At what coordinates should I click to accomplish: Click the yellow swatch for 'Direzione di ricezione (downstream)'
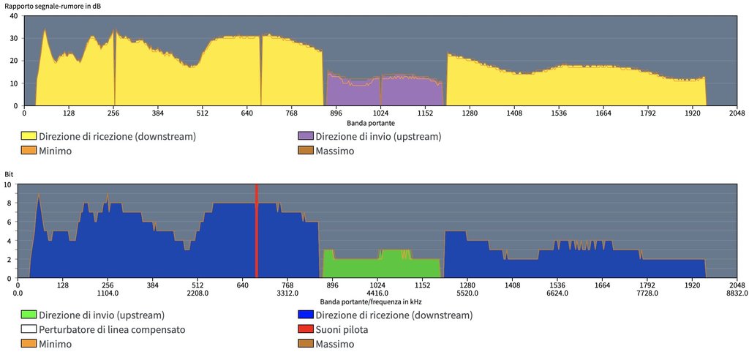(x=29, y=136)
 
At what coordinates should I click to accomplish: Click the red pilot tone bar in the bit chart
(x=257, y=230)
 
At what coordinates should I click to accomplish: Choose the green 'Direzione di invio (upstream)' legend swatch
(x=29, y=315)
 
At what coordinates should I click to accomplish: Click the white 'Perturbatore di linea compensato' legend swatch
(x=29, y=329)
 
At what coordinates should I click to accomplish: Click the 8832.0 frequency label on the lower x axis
(x=737, y=293)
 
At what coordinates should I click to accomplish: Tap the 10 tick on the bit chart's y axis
(x=9, y=185)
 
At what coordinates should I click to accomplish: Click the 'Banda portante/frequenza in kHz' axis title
(x=370, y=301)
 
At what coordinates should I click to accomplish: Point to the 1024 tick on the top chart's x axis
(x=380, y=113)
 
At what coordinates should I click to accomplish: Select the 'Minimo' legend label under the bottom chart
(x=56, y=344)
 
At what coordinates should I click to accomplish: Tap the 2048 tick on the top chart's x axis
(x=737, y=113)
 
